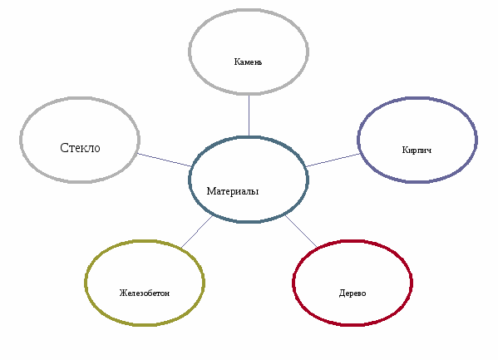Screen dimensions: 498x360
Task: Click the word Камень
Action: point(248,62)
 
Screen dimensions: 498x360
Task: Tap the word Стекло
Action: point(80,148)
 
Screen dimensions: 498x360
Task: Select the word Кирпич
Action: point(417,150)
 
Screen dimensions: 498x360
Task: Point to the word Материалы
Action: point(233,191)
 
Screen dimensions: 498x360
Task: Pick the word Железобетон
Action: point(144,293)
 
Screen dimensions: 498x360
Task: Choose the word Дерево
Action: point(353,293)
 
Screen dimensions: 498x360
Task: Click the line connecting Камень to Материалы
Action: point(249,116)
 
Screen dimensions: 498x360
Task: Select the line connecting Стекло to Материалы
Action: point(165,160)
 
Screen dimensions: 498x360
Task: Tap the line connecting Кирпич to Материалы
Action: point(333,160)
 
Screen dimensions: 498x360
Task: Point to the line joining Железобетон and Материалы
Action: point(196,232)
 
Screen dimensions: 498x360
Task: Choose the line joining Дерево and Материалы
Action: point(301,231)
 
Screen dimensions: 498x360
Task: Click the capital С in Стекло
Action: point(64,148)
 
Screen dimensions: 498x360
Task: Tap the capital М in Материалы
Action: point(211,191)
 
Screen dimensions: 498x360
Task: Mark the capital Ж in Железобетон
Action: point(122,293)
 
